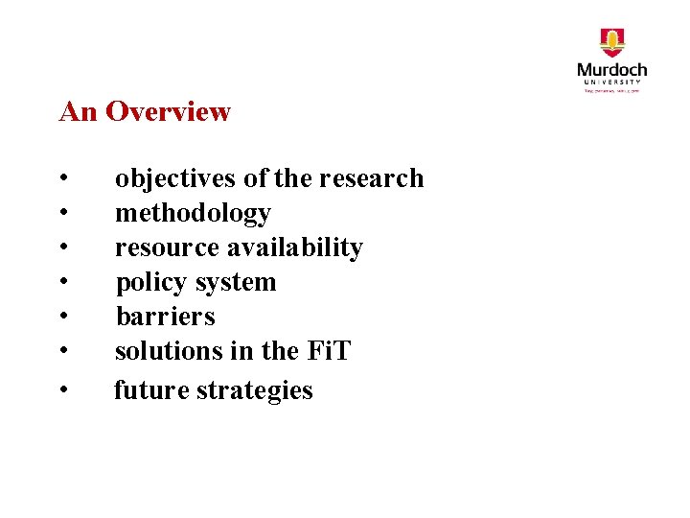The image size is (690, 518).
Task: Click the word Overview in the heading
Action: pos(168,111)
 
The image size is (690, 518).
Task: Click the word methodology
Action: pos(193,214)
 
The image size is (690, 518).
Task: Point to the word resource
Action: pos(168,247)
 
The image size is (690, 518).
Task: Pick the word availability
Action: pos(294,248)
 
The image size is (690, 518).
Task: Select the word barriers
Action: pos(165,317)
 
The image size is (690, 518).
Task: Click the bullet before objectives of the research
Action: pos(62,179)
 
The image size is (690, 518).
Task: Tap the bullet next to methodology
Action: pos(62,214)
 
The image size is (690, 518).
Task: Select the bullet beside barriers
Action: pos(62,317)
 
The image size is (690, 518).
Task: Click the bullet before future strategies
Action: pos(62,390)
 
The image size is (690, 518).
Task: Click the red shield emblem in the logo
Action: pos(612,43)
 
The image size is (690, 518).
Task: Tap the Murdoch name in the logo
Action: pos(612,70)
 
